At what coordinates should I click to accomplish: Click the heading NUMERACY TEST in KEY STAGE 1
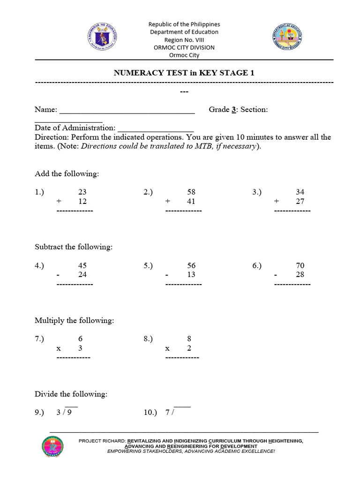tap(184, 73)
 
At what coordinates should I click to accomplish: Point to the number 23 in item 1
tap(82, 192)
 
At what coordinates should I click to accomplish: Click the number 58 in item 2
tap(191, 192)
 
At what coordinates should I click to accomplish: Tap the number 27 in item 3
tap(300, 202)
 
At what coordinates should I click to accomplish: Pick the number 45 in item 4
tap(82, 266)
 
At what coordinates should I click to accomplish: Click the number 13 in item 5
tap(191, 275)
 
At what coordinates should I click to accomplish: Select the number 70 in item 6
tap(300, 266)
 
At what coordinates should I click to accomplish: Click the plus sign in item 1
tap(59, 202)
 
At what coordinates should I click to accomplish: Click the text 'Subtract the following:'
tap(74, 247)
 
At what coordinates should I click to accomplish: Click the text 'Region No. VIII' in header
tap(184, 40)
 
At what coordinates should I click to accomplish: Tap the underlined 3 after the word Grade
tap(233, 110)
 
